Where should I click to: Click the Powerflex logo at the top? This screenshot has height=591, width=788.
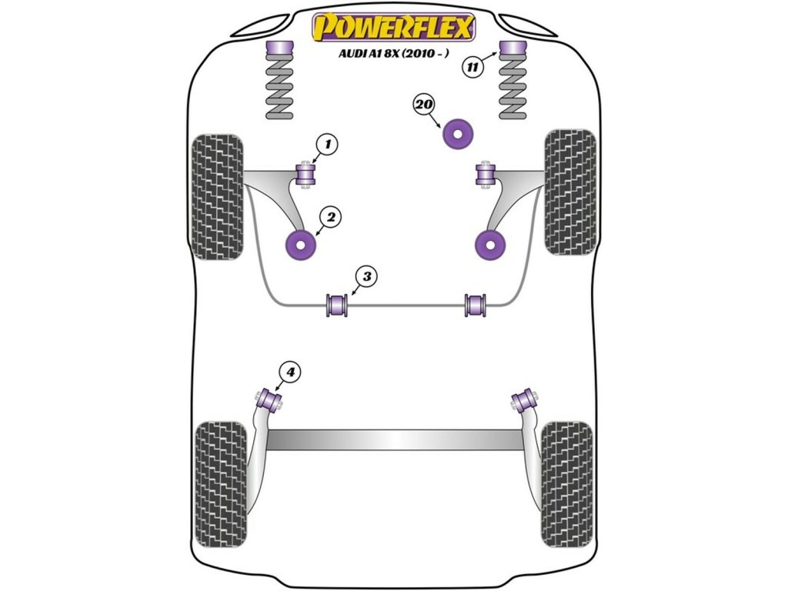pos(392,28)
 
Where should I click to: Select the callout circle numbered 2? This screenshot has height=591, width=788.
pos(331,219)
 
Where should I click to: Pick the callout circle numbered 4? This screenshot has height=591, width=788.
pos(289,373)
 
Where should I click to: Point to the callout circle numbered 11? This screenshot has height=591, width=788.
pos(473,67)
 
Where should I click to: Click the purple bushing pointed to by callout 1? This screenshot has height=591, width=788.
pos(307,175)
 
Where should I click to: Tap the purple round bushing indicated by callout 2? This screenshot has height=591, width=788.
pos(301,244)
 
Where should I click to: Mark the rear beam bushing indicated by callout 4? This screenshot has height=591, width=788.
pos(268,399)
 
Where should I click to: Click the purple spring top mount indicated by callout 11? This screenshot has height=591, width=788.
pos(513,51)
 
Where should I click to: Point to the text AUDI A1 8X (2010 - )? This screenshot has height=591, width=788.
pos(392,54)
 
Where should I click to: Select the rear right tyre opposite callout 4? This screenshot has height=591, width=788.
pos(567,479)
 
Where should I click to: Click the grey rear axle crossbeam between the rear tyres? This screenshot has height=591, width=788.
pos(393,439)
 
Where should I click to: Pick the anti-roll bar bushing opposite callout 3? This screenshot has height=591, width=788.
pos(477,304)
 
